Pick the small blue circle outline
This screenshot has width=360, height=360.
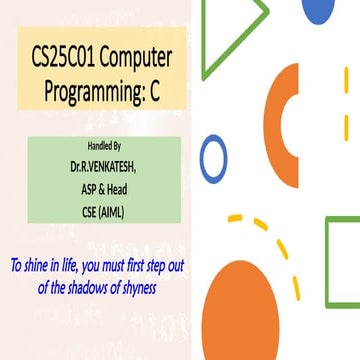[x=214, y=160]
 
